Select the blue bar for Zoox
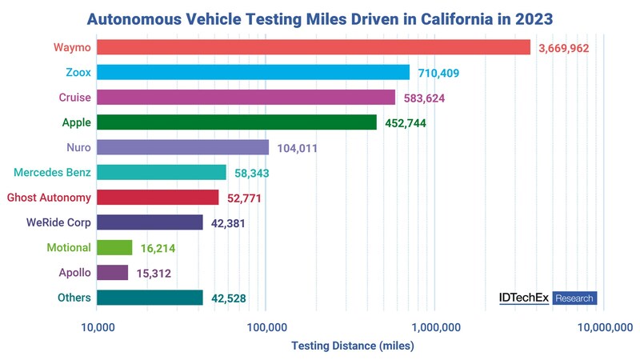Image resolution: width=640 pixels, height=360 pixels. (253, 72)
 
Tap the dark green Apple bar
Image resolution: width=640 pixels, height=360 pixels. (237, 122)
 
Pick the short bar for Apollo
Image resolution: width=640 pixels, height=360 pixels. (113, 273)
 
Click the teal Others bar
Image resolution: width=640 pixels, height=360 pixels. (150, 298)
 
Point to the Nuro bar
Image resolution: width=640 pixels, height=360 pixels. (182, 147)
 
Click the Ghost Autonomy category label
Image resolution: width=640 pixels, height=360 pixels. (49, 198)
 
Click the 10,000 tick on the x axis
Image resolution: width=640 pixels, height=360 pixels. (96, 326)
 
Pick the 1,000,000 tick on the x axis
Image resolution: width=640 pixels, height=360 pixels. (434, 326)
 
